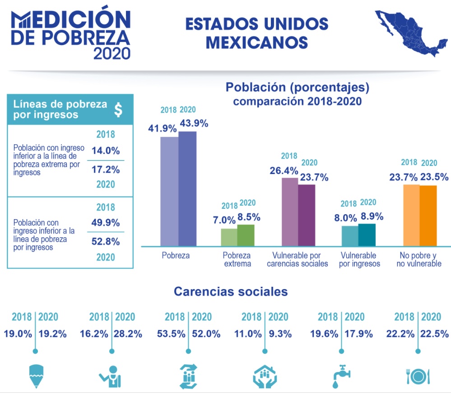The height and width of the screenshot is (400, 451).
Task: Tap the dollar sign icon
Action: (x=118, y=110)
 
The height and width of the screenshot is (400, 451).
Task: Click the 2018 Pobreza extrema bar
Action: (x=229, y=237)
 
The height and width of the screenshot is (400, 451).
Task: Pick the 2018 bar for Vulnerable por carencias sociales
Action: (x=289, y=211)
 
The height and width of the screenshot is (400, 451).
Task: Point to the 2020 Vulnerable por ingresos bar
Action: (x=367, y=235)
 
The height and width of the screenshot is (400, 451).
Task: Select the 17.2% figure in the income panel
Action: (x=106, y=170)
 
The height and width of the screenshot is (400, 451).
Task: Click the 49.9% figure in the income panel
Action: (x=106, y=223)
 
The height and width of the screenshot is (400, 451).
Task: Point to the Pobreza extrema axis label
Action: (x=237, y=259)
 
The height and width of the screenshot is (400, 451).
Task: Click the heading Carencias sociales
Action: (x=231, y=291)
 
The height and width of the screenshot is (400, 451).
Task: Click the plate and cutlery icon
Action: (x=418, y=375)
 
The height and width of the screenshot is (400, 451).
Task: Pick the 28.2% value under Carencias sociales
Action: (x=129, y=334)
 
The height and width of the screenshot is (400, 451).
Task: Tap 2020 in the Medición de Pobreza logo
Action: (x=112, y=53)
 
